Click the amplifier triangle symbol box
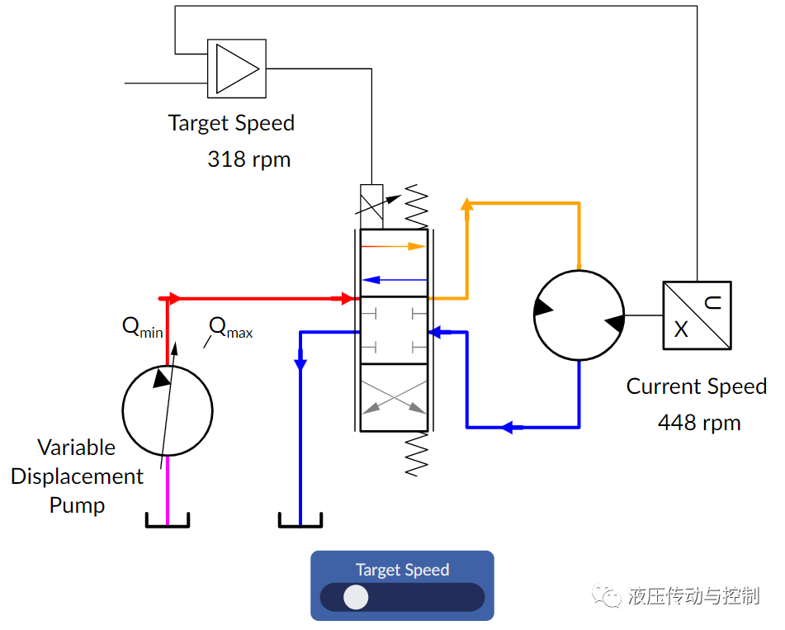236,69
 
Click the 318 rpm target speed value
248,159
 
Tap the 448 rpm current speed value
698,423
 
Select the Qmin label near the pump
142,327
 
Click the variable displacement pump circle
168,410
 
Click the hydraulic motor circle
579,315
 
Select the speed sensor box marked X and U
697,315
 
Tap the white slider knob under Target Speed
356,597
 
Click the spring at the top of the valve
416,206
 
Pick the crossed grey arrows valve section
394,397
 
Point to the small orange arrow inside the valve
393,246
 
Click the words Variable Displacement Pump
77,476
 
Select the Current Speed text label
696,386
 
